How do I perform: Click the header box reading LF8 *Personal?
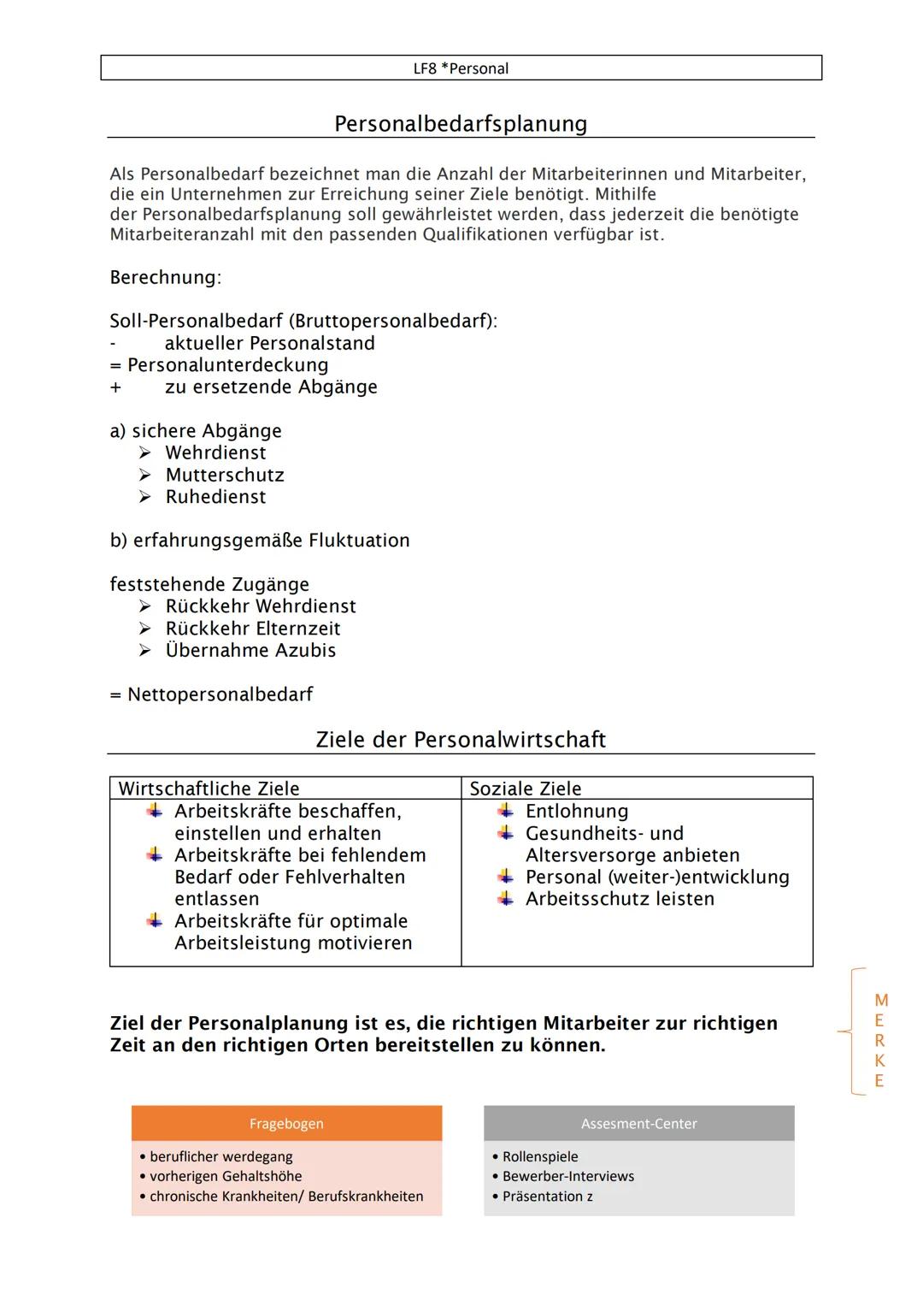pyautogui.click(x=461, y=68)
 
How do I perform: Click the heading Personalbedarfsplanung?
pyautogui.click(x=461, y=124)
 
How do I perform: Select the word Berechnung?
pyautogui.click(x=165, y=277)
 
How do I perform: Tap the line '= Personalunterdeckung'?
pyautogui.click(x=220, y=365)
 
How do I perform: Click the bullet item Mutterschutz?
pyautogui.click(x=225, y=475)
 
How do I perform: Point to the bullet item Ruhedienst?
pyautogui.click(x=215, y=497)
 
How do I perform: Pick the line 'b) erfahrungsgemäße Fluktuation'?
pyautogui.click(x=260, y=541)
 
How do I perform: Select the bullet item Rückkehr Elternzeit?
pyautogui.click(x=253, y=629)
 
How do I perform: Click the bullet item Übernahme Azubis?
pyautogui.click(x=250, y=651)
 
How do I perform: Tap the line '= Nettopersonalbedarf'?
pyautogui.click(x=211, y=694)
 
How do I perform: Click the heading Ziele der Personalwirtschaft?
pyautogui.click(x=461, y=740)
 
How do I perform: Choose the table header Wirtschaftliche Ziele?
pyautogui.click(x=209, y=789)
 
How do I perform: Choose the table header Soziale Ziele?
pyautogui.click(x=525, y=789)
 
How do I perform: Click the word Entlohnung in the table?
pyautogui.click(x=577, y=812)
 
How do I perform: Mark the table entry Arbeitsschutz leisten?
pyautogui.click(x=620, y=899)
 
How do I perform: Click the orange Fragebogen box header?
pyautogui.click(x=286, y=1124)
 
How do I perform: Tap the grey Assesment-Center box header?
pyautogui.click(x=638, y=1124)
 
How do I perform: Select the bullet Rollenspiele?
pyautogui.click(x=540, y=1156)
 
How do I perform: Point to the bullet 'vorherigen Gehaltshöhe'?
pyautogui.click(x=226, y=1177)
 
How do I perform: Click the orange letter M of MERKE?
pyautogui.click(x=881, y=1001)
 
